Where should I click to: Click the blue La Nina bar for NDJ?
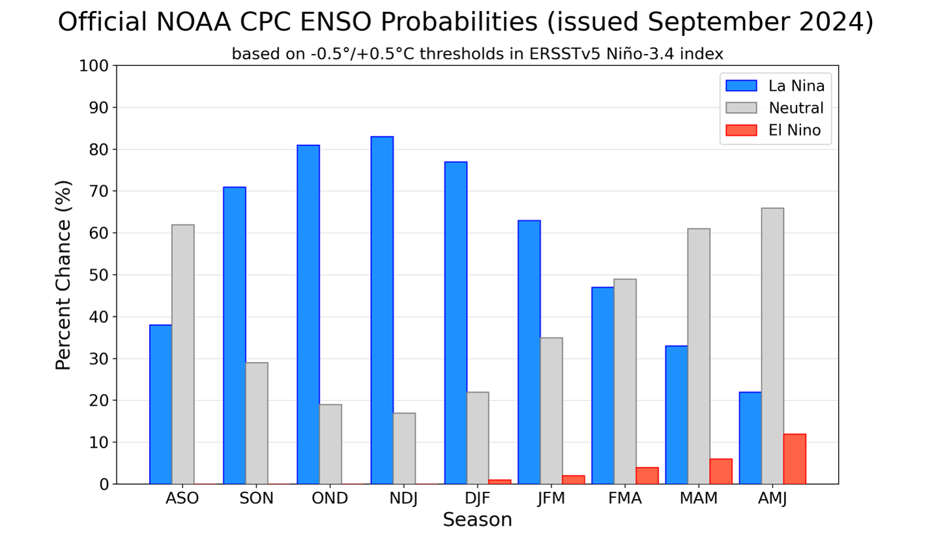pyautogui.click(x=382, y=310)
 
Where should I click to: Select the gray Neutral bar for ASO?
pyautogui.click(x=183, y=354)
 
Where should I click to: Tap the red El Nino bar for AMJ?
pyautogui.click(x=794, y=459)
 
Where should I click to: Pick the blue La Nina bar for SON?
pyautogui.click(x=235, y=335)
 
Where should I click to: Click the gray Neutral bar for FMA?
pyautogui.click(x=625, y=382)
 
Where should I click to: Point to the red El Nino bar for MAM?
pyautogui.click(x=721, y=472)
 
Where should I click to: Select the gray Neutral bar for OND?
pyautogui.click(x=330, y=444)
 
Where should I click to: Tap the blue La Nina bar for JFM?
pyautogui.click(x=529, y=352)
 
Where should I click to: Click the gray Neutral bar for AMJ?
pyautogui.click(x=772, y=346)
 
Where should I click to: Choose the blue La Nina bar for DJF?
pyautogui.click(x=456, y=323)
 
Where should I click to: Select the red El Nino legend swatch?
pyautogui.click(x=741, y=130)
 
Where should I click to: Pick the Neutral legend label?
pyautogui.click(x=796, y=108)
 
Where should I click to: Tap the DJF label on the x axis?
pyautogui.click(x=478, y=498)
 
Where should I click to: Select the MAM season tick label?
pyautogui.click(x=699, y=498)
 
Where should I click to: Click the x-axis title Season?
pyautogui.click(x=477, y=520)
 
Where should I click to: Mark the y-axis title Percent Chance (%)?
pyautogui.click(x=63, y=275)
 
